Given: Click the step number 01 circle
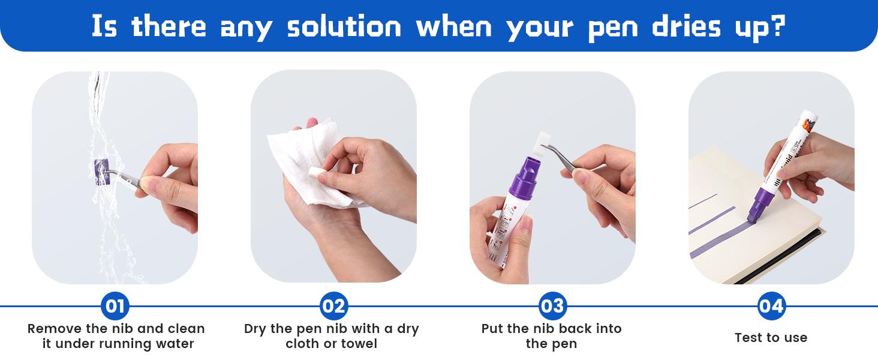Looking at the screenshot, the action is [115, 306].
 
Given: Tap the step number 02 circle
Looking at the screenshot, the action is [333, 306].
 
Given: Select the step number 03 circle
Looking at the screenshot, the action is [552, 306].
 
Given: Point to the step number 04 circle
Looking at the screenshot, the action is [771, 306].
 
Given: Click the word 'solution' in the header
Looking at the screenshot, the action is [344, 26].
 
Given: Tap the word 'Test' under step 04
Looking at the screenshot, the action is [748, 337].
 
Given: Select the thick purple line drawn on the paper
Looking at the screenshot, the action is [718, 241].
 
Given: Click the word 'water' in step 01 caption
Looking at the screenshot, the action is [175, 344].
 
